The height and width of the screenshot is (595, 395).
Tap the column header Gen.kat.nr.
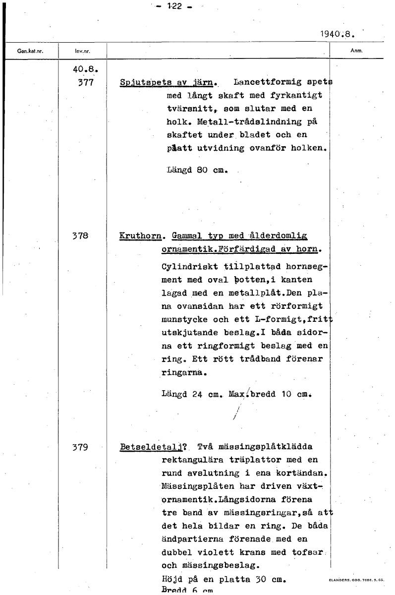click(x=29, y=51)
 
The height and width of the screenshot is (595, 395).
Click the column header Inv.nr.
click(x=82, y=51)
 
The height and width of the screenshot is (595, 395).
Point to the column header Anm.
click(x=357, y=50)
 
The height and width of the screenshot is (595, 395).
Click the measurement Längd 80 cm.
click(x=197, y=170)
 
